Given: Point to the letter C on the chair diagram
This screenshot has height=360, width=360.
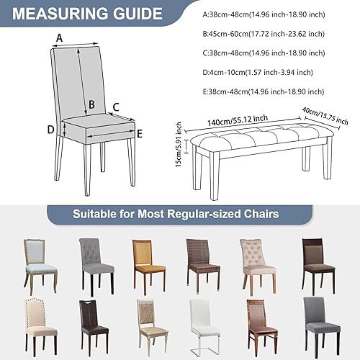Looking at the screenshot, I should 114,107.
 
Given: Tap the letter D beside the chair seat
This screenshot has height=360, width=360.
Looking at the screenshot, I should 51,130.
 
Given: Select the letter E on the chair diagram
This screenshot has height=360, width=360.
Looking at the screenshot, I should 139,133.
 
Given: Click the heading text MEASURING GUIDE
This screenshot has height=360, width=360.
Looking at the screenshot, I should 85,14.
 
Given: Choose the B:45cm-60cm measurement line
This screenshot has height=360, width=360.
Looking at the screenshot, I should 266,32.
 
